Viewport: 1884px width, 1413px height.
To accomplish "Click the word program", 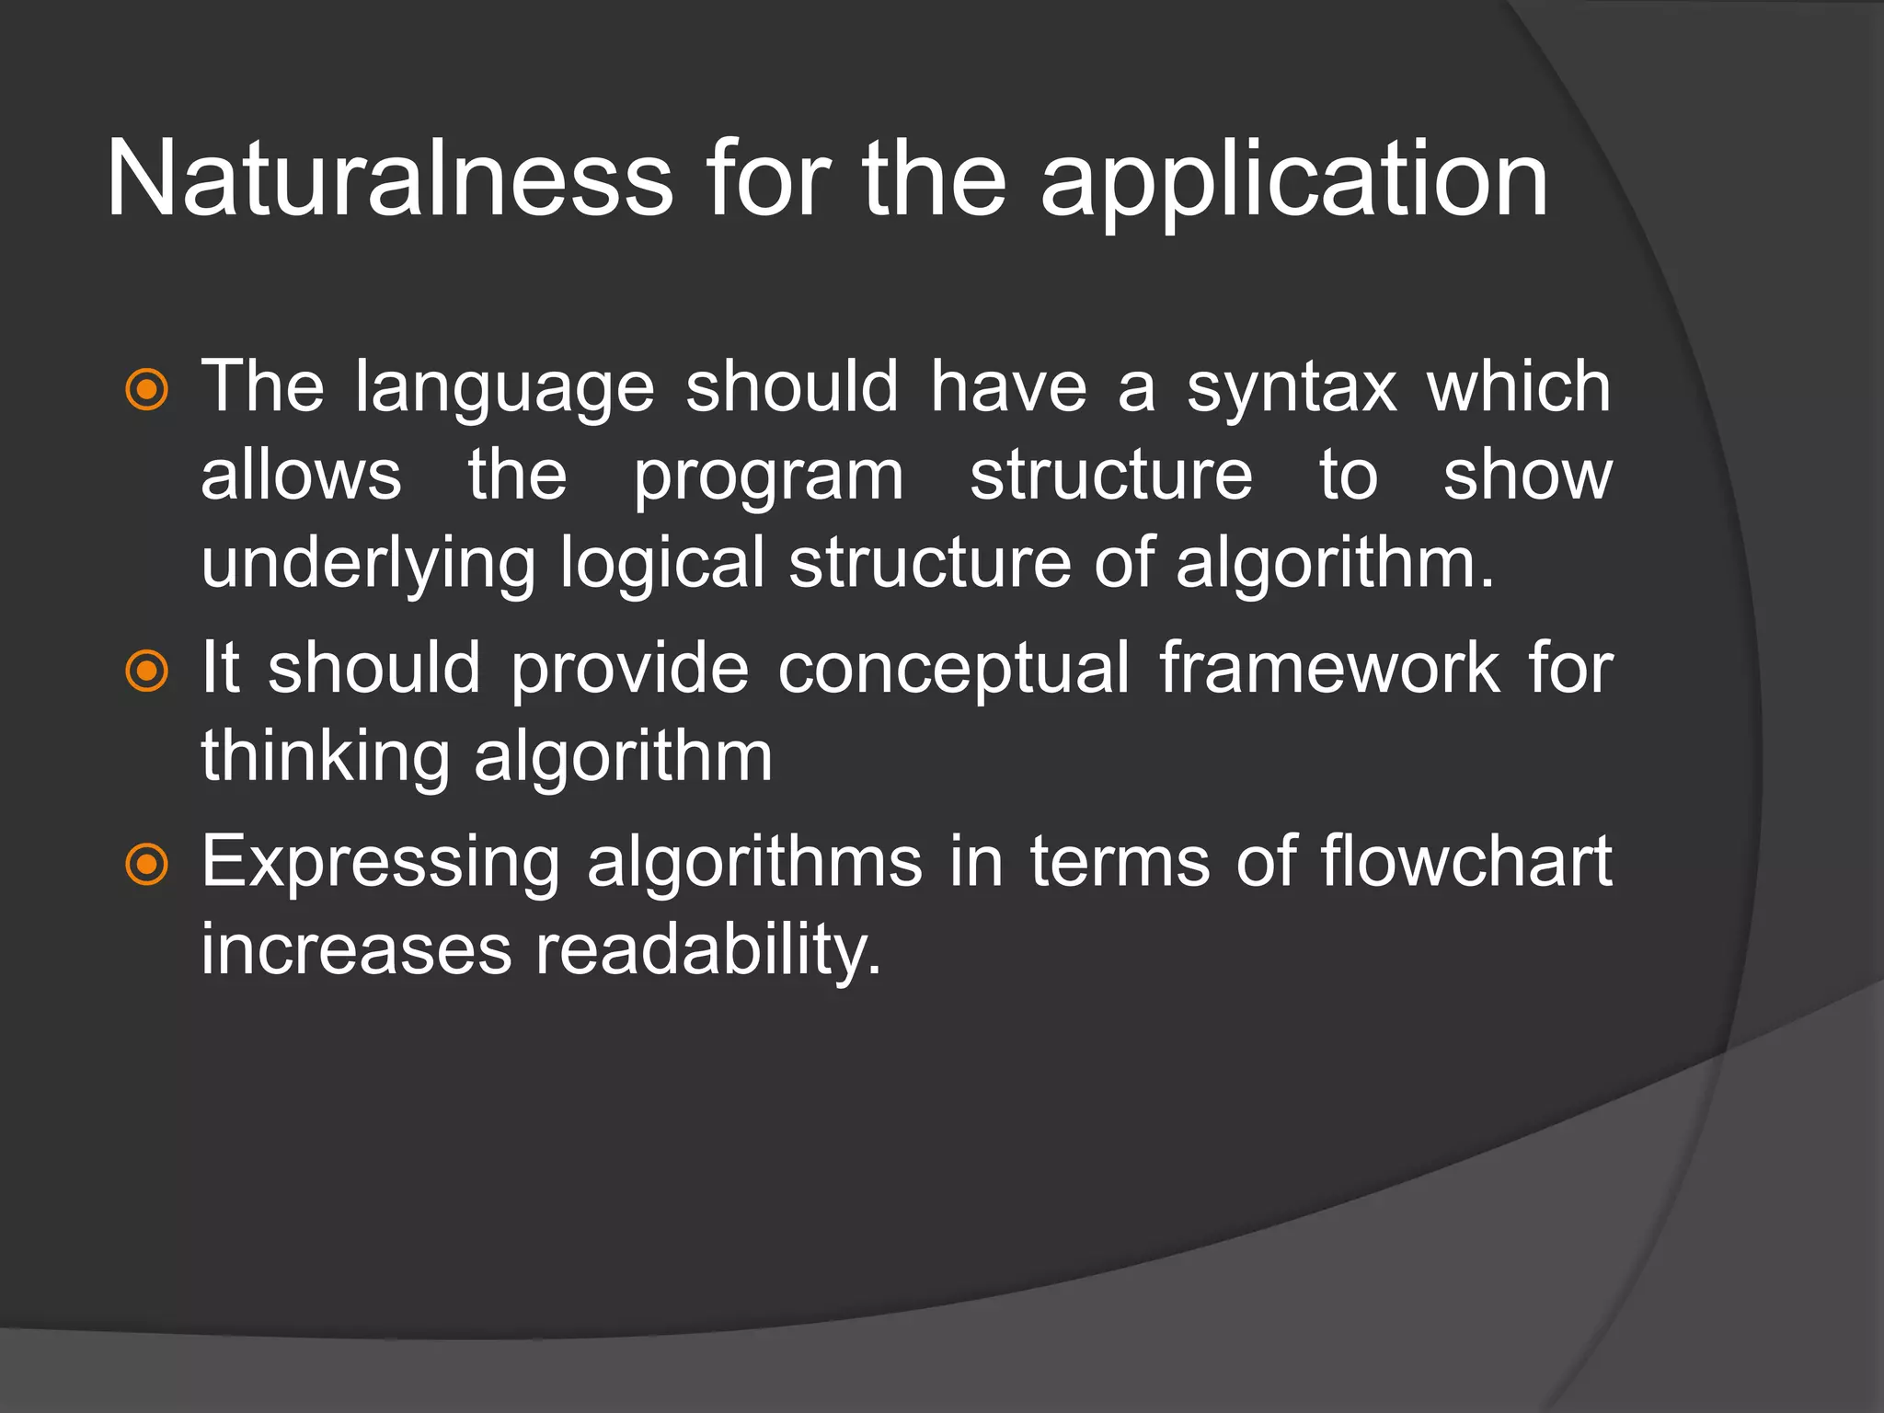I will (768, 478).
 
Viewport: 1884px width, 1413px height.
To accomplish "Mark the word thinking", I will (325, 759).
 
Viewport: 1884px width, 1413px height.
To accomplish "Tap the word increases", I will (356, 951).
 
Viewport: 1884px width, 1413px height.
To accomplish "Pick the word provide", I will (630, 670).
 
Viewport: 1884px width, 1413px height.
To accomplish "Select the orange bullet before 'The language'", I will (146, 390).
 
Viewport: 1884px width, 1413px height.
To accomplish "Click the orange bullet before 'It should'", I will (146, 671).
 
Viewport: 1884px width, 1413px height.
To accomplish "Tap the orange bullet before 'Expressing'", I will (146, 865).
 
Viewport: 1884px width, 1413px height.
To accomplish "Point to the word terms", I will (1120, 863).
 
